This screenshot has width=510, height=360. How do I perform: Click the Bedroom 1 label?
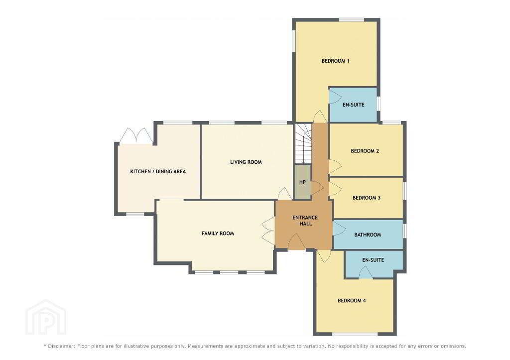click(x=335, y=61)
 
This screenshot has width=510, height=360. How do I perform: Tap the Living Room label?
click(x=246, y=162)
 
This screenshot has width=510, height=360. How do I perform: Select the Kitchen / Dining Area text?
click(x=158, y=171)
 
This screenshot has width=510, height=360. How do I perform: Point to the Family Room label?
click(x=218, y=233)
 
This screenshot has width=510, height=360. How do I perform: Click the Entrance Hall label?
click(x=305, y=221)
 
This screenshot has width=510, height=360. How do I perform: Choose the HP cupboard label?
click(x=302, y=182)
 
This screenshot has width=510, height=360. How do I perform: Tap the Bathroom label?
click(x=368, y=235)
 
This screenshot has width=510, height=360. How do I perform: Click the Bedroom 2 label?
click(x=365, y=151)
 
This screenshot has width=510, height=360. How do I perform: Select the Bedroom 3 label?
click(x=367, y=198)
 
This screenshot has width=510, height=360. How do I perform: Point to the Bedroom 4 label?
click(x=352, y=300)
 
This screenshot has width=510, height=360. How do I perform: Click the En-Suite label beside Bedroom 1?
click(x=353, y=105)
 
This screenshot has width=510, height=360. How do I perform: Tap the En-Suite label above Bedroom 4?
click(x=373, y=260)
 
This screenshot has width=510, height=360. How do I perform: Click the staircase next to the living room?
click(x=303, y=143)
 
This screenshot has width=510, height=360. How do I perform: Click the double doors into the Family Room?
click(x=268, y=230)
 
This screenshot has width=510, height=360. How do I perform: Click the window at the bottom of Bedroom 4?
click(x=355, y=334)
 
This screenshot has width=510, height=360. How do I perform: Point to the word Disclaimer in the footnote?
click(x=61, y=346)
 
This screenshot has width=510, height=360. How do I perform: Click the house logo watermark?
click(x=46, y=318)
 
